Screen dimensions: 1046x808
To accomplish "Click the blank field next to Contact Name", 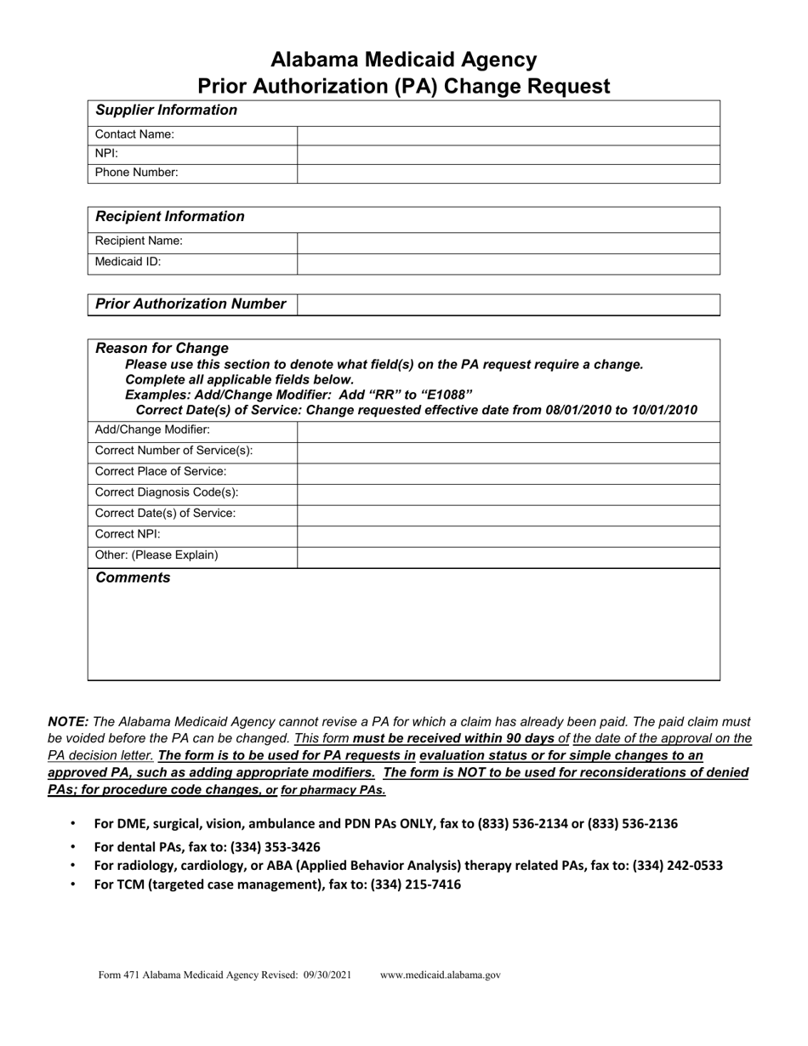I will coord(508,134).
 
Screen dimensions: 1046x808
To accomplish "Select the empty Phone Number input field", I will coord(508,173).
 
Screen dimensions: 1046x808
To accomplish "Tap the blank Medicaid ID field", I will coord(508,263).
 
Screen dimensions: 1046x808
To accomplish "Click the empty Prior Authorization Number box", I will coord(508,304).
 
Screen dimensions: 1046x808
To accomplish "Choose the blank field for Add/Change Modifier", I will coord(508,430).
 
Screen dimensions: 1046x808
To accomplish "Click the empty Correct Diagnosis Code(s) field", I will coord(508,493).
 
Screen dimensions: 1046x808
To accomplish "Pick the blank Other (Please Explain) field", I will coord(508,556).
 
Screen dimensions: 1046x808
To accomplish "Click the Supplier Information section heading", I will coord(167,111).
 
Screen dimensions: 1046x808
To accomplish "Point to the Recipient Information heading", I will coord(170,217).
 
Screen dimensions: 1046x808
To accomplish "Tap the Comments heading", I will coord(133,578).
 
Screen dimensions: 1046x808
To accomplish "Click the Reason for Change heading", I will coord(162,349).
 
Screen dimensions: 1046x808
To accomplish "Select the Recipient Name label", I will coord(139,242).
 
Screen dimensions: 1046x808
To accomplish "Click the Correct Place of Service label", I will coord(161,472).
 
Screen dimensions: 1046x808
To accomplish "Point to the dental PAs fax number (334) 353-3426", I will coord(275,847).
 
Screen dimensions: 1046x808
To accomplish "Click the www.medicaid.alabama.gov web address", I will coord(441,975).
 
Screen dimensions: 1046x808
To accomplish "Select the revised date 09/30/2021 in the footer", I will coord(327,975).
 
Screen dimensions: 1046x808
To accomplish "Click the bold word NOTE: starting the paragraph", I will coord(68,721).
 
